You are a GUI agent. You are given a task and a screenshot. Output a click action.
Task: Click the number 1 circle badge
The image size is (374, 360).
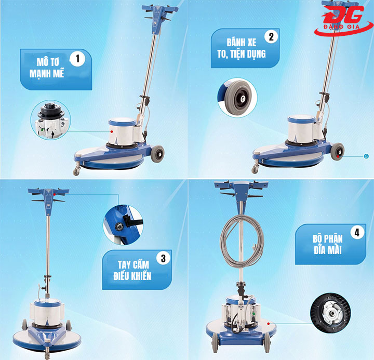(77, 59)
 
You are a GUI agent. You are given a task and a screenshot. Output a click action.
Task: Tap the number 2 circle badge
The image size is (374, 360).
(271, 37)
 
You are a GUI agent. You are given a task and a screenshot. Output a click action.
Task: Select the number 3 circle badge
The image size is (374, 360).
(164, 258)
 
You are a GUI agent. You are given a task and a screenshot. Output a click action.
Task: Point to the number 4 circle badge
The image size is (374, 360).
(357, 232)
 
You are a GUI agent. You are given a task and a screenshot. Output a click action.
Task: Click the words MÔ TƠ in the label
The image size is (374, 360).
(48, 62)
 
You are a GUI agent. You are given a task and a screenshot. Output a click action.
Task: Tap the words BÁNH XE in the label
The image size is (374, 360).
(242, 43)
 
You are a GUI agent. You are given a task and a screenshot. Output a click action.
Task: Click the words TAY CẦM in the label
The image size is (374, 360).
(133, 265)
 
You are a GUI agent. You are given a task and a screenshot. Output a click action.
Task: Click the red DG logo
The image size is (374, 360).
(343, 20)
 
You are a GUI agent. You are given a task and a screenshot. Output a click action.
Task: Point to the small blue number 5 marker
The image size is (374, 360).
(366, 156)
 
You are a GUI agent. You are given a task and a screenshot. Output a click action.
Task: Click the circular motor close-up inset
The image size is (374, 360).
(50, 120)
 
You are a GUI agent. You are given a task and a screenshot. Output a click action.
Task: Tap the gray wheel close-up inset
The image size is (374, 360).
(237, 98)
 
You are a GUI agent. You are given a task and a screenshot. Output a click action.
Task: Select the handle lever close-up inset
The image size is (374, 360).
(123, 225)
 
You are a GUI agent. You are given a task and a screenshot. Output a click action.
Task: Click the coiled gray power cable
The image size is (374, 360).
(242, 241)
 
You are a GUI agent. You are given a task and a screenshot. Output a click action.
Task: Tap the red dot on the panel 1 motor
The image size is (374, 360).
(111, 131)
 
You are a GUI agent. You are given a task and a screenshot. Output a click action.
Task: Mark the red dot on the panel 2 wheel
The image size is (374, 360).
(338, 156)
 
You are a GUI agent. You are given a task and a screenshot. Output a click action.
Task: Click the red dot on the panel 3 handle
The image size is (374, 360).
(55, 195)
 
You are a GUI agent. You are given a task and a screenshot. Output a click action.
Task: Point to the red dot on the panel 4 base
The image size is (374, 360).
(269, 324)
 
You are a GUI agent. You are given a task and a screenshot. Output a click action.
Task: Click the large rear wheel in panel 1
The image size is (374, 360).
(158, 154)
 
